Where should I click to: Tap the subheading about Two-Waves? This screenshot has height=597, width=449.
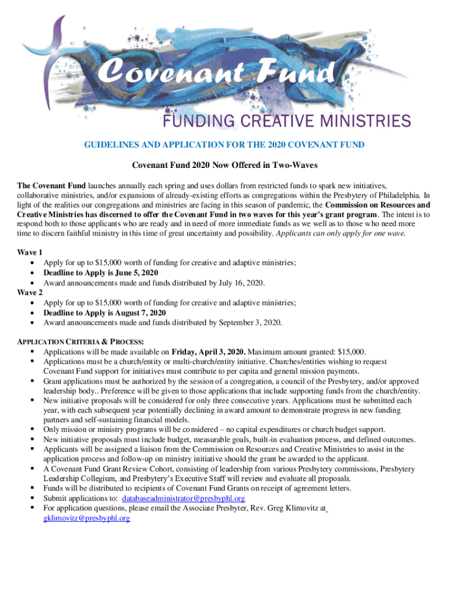[224, 166]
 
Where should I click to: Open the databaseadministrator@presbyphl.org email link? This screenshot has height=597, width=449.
[183, 498]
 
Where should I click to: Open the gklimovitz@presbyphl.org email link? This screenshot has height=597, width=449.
[86, 518]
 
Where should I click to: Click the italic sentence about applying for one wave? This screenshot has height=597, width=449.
[341, 233]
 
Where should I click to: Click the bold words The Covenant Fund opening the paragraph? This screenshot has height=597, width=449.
[51, 185]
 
